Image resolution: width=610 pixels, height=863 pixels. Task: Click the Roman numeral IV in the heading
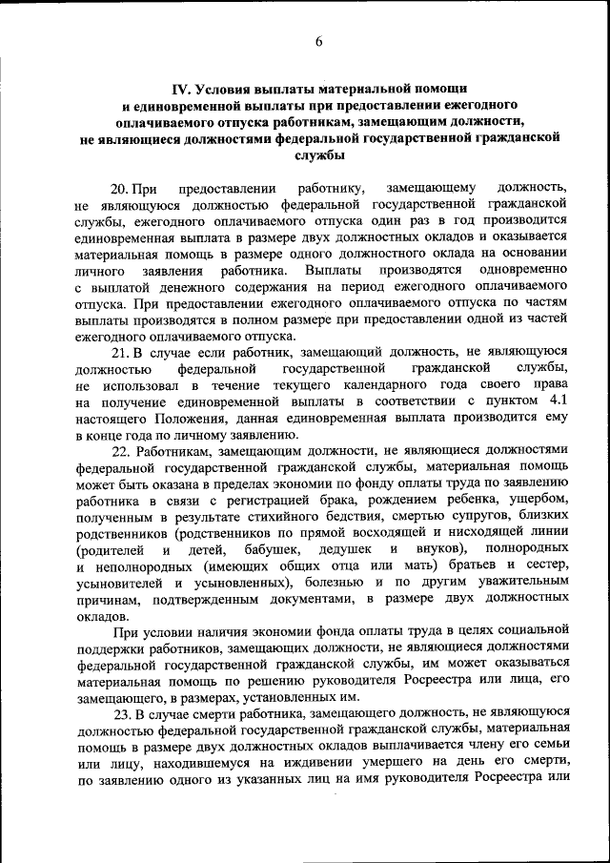click(x=178, y=86)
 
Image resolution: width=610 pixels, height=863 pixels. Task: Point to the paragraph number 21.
click(x=122, y=352)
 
